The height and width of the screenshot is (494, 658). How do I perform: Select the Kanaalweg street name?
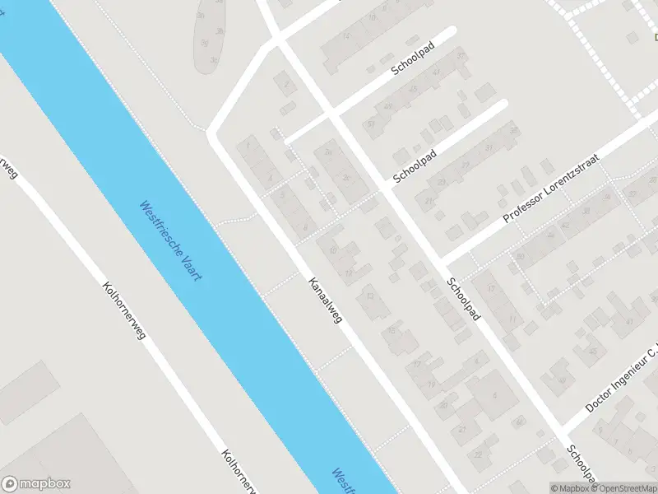point(325,301)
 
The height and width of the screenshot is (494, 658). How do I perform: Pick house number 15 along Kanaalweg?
point(391,330)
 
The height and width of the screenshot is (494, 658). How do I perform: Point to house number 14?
point(347,36)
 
